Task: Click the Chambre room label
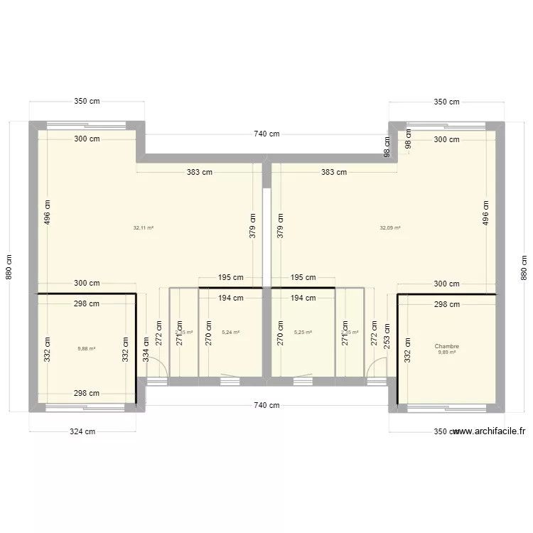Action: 448,347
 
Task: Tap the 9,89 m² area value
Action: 448,352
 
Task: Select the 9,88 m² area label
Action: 86,349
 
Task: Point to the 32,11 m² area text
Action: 144,228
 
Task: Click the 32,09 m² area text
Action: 390,228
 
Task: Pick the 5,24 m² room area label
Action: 231,332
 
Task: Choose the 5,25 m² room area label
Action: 303,332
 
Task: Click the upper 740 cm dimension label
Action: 266,134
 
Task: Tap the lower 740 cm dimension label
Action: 266,405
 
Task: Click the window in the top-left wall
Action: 86,125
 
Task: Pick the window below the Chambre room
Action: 447,408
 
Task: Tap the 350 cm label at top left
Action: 87,102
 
